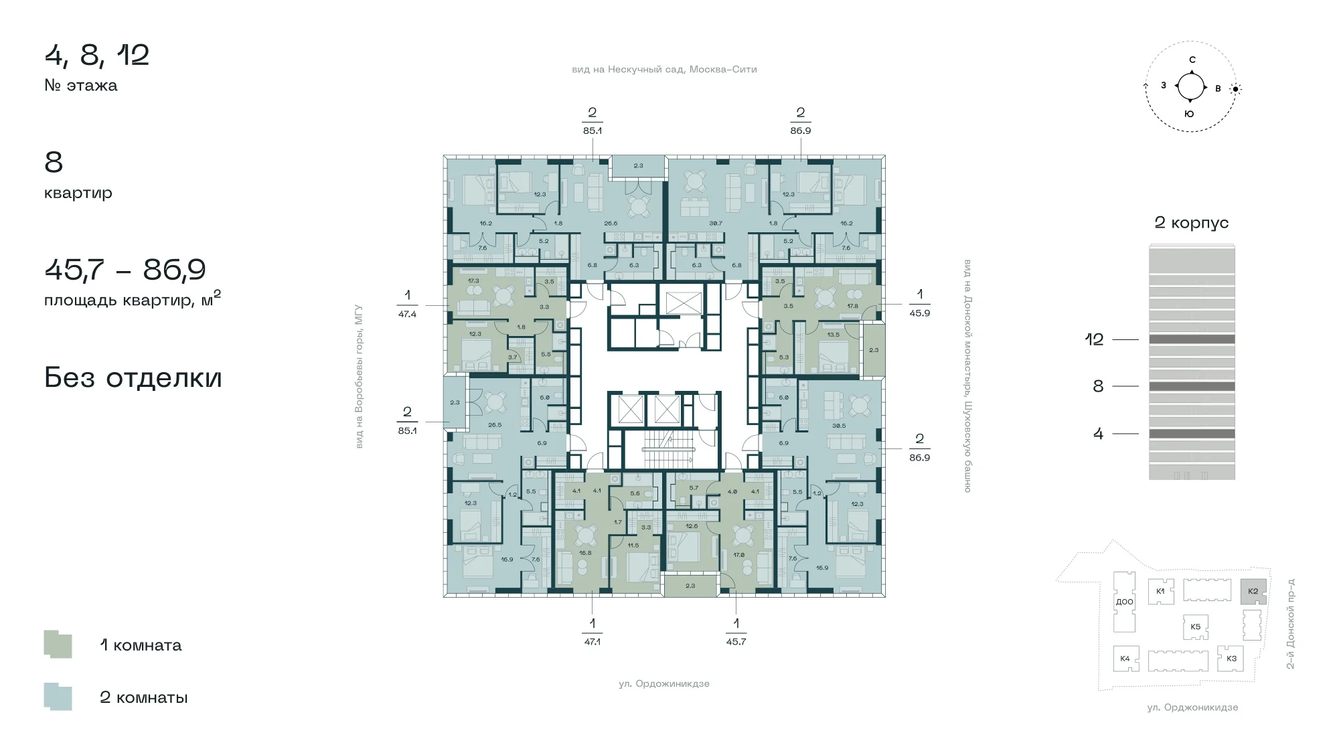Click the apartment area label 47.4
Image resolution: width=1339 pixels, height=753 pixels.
407,314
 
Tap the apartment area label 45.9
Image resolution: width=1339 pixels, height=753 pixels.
919,313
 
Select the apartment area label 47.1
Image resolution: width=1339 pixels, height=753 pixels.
592,642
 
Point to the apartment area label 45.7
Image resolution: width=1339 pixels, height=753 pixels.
736,642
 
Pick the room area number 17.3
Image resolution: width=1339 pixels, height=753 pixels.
473,281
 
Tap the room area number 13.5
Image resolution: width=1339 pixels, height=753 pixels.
834,335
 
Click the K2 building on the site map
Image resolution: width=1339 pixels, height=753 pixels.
1253,592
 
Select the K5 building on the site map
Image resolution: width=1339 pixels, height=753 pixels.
1195,627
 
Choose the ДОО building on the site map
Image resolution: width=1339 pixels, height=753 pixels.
1125,602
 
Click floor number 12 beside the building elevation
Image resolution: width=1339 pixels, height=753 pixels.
1094,339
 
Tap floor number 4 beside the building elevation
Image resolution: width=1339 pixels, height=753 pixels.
1098,434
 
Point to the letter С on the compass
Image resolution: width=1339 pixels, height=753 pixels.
1192,60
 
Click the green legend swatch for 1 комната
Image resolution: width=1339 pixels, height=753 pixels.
58,645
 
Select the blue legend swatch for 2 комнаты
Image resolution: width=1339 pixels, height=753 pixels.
58,697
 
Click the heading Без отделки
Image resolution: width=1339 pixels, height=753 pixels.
133,378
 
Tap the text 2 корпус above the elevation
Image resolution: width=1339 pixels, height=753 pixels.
1192,223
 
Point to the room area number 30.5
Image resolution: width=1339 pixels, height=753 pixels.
838,426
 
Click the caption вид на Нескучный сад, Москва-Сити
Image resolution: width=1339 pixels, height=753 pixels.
664,70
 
